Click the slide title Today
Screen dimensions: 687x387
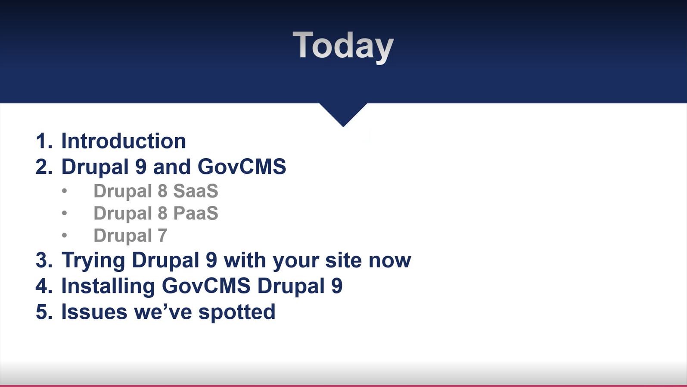click(343, 46)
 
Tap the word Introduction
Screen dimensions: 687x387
click(124, 141)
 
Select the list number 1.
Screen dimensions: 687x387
click(44, 141)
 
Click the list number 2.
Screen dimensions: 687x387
click(44, 167)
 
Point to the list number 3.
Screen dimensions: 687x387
click(44, 260)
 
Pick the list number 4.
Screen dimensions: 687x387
click(44, 286)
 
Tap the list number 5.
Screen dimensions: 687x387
click(44, 312)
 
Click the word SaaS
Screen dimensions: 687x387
click(196, 191)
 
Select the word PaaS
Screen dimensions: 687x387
click(196, 213)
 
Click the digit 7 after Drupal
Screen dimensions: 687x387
click(162, 236)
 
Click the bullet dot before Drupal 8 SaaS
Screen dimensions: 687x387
click(64, 191)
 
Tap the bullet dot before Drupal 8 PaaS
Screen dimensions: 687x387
click(64, 213)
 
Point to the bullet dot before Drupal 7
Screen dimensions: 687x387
click(64, 236)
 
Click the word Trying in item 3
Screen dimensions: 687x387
click(93, 261)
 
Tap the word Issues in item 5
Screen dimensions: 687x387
click(94, 311)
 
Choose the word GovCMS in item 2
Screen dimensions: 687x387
click(242, 167)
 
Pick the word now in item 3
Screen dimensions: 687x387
click(389, 261)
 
